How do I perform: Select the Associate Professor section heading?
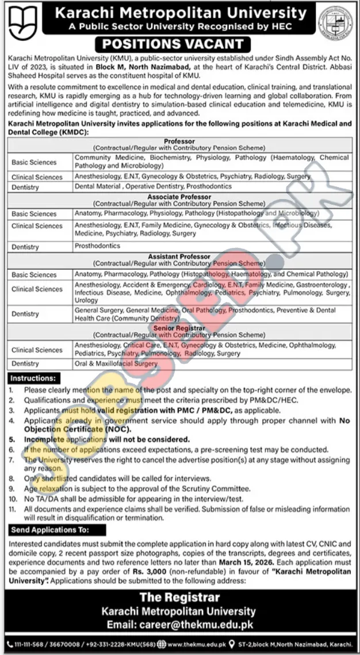[x=179, y=197]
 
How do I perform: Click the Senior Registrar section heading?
[x=179, y=328]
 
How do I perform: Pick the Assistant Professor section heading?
[x=179, y=257]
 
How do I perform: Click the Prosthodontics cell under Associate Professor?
[x=97, y=246]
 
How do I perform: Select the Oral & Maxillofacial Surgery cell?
[x=116, y=363]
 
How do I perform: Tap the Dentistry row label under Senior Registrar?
[x=25, y=364]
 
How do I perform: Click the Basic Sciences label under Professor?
[x=34, y=163]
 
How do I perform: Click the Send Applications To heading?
[x=49, y=529]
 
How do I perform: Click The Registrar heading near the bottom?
[x=179, y=597]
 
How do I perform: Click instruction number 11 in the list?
[x=13, y=509]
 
